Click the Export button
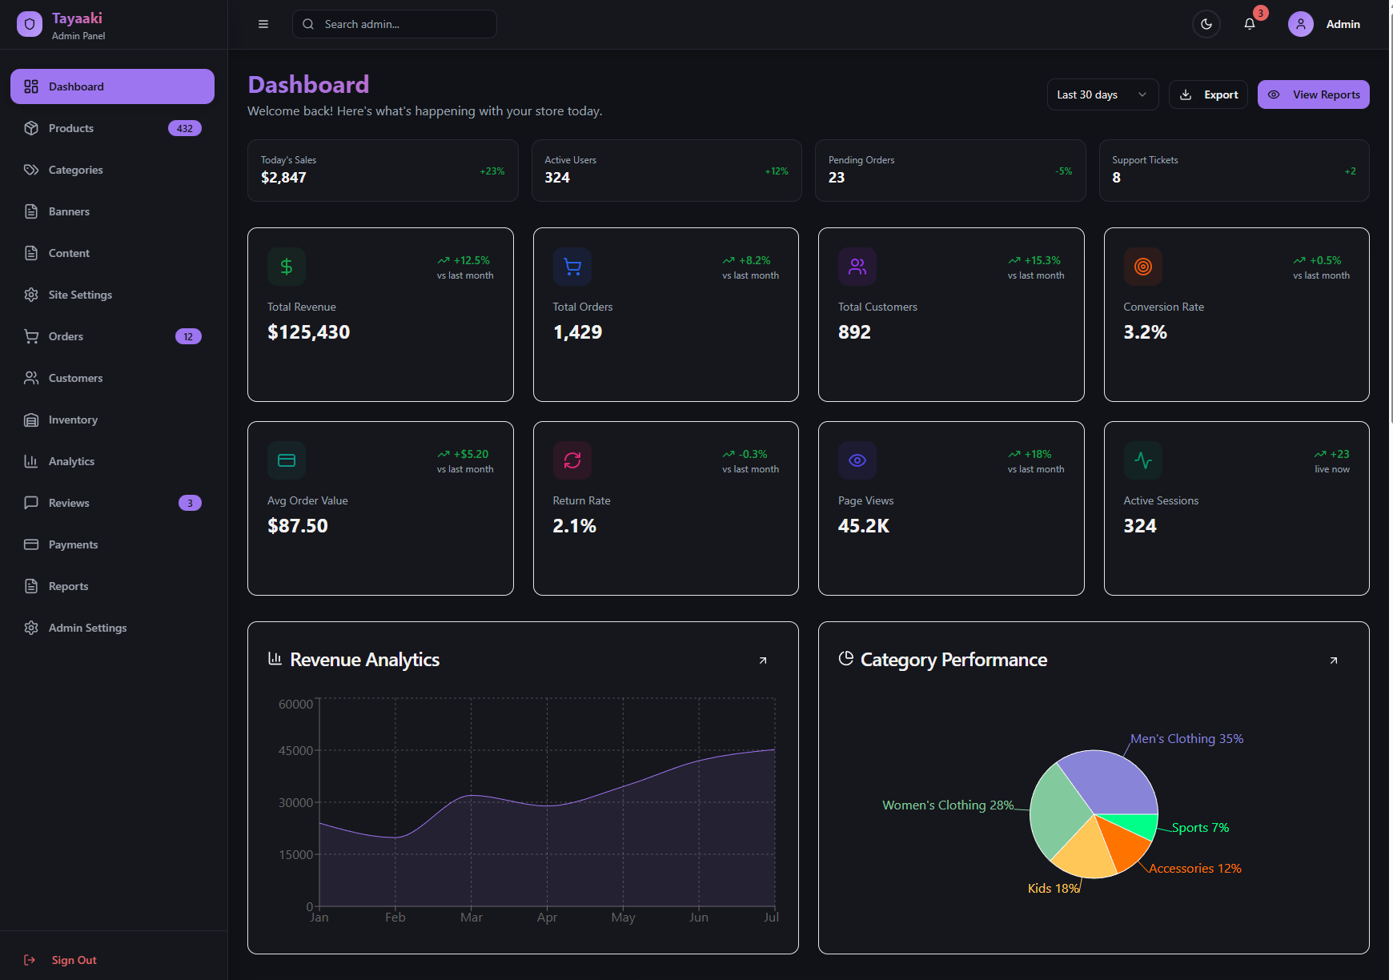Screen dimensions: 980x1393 [x=1208, y=94]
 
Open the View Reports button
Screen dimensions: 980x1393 [x=1313, y=94]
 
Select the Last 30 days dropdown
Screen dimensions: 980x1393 [x=1102, y=94]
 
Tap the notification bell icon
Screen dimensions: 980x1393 [x=1249, y=24]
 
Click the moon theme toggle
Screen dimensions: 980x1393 [x=1206, y=24]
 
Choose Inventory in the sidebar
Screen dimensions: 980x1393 [x=73, y=420]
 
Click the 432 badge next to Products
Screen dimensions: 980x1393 [x=185, y=128]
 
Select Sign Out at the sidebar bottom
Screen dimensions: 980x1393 [x=74, y=960]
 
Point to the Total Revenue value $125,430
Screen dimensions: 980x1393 [x=309, y=332]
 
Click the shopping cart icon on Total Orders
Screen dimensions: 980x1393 [x=572, y=267]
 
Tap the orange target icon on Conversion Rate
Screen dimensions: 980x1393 [x=1143, y=267]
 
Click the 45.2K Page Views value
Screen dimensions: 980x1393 [x=864, y=526]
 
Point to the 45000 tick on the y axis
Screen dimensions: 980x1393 [x=295, y=751]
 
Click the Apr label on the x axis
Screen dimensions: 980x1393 [x=547, y=918]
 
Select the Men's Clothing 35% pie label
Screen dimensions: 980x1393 [x=1186, y=739]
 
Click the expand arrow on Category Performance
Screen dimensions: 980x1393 [x=1334, y=661]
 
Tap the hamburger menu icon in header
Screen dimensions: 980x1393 [x=263, y=24]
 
